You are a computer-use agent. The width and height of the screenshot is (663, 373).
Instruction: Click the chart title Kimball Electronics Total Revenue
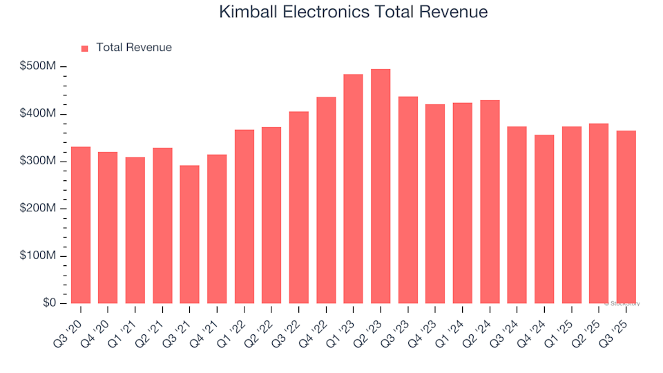pos(353,12)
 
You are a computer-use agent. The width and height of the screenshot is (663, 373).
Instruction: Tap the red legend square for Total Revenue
pos(85,48)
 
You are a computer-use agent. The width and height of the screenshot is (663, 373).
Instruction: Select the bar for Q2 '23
pos(381,186)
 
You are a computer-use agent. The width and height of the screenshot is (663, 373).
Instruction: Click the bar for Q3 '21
pos(189,235)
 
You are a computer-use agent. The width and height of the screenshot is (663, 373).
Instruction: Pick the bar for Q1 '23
pos(353,189)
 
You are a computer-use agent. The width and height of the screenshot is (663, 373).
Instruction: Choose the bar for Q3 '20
pos(80,225)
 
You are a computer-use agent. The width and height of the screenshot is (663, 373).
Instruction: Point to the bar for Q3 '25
pos(626,217)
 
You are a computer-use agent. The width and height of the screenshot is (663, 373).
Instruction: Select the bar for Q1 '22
pos(244,217)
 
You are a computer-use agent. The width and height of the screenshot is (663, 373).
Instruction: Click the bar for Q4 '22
pos(326,200)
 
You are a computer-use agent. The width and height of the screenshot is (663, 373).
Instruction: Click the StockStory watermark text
pos(622,303)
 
